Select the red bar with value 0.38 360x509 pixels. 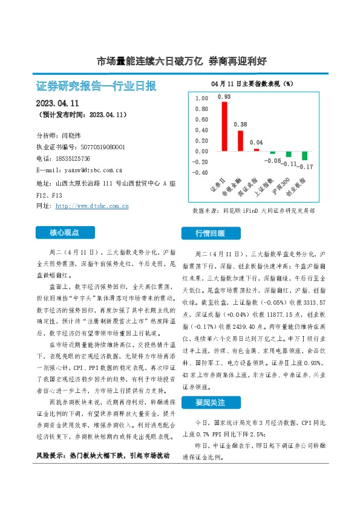[x=240, y=140]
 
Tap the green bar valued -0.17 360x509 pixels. [x=304, y=156]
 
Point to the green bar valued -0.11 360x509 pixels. [x=289, y=154]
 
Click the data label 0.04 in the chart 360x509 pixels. [x=256, y=143]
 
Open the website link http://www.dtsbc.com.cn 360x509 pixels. [x=91, y=206]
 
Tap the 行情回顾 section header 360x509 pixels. [x=210, y=233]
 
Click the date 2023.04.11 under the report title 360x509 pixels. [x=62, y=103]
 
